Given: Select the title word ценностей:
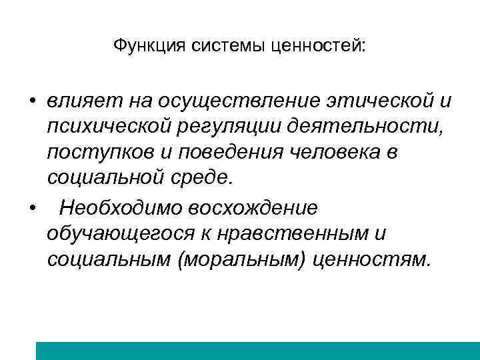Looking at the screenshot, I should [319, 46].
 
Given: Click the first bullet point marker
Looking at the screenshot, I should [31, 101].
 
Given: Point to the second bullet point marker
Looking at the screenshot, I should [31, 208].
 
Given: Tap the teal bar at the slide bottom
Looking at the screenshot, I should [257, 351].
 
